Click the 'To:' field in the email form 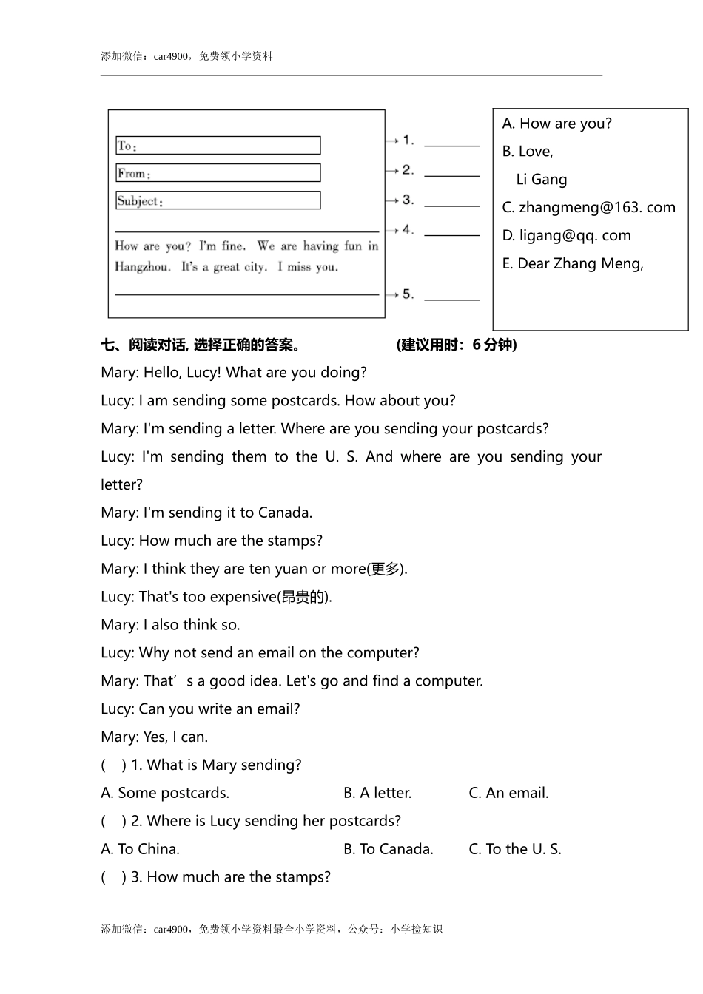click(218, 146)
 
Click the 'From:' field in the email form click(218, 173)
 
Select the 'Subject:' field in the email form click(218, 200)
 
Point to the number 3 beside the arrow click(408, 200)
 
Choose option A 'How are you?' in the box click(556, 124)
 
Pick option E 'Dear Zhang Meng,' click(573, 264)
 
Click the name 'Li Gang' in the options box click(542, 180)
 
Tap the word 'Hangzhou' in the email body click(142, 267)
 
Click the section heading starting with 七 click(201, 345)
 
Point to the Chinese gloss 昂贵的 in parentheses click(304, 598)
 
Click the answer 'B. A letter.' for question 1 click(377, 794)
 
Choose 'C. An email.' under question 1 click(508, 794)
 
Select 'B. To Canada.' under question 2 click(388, 850)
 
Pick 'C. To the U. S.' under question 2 click(515, 850)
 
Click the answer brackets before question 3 click(113, 878)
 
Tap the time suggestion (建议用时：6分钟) click(457, 345)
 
